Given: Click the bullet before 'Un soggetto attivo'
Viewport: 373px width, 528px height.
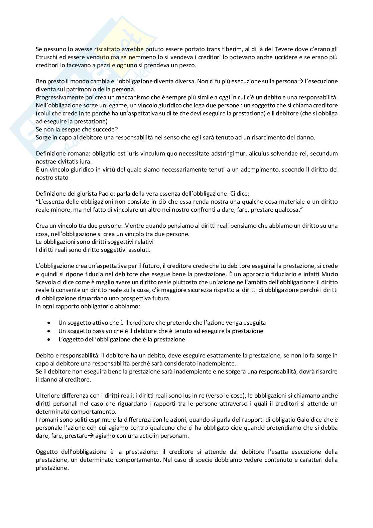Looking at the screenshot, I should [49, 323].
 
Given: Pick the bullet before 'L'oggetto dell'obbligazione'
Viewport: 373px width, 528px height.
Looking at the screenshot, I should [49, 339].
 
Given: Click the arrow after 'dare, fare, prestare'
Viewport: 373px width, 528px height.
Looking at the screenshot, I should [90, 436].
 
